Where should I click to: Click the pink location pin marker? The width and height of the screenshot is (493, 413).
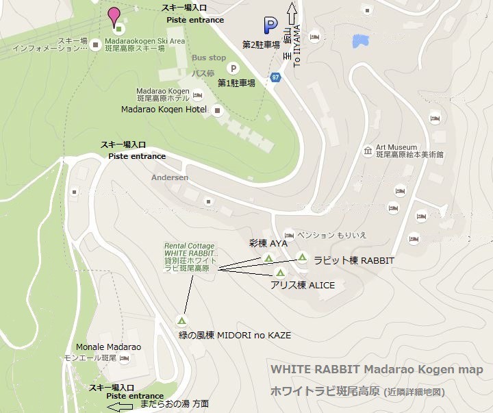point(114,14)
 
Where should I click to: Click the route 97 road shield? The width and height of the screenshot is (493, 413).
point(275,77)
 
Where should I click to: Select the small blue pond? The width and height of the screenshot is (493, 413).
point(358,40)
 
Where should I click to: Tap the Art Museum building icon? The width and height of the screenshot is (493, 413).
point(368,151)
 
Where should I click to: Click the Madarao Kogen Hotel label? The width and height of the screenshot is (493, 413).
point(164,110)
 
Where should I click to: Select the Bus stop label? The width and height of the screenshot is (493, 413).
point(209,58)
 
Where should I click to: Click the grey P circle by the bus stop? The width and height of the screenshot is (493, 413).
point(233,68)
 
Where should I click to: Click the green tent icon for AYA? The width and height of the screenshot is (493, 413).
point(268,258)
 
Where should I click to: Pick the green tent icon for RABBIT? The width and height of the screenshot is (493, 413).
point(302,258)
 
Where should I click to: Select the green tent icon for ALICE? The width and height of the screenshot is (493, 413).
point(280,273)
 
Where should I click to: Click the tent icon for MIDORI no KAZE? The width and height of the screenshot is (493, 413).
point(181,320)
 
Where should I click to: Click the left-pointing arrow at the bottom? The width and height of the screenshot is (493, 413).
point(121,406)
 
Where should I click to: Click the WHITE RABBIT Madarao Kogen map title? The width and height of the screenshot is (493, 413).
point(377,370)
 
